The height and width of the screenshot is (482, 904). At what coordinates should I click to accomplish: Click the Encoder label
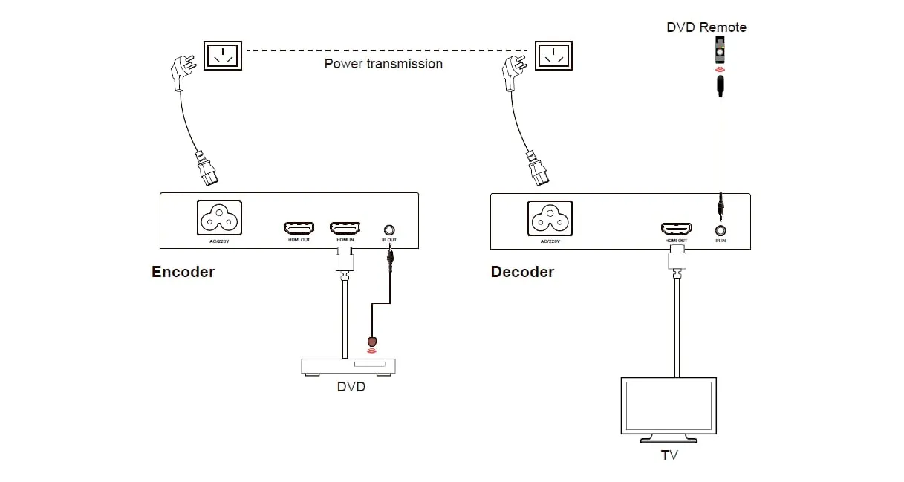[183, 272]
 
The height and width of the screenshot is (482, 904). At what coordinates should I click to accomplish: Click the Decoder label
[522, 272]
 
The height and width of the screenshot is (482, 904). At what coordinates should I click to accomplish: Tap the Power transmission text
[383, 64]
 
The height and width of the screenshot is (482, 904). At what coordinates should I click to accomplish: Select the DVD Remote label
[706, 27]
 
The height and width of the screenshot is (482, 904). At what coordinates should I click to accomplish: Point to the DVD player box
[348, 366]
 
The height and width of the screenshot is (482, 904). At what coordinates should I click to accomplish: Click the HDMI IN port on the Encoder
[345, 227]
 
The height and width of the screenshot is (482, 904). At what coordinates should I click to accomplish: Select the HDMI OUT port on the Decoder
[676, 228]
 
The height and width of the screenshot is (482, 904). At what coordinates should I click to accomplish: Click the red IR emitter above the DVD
[372, 342]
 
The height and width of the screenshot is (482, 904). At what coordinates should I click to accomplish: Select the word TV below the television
[669, 455]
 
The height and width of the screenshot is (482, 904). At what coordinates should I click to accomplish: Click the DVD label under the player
[351, 387]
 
